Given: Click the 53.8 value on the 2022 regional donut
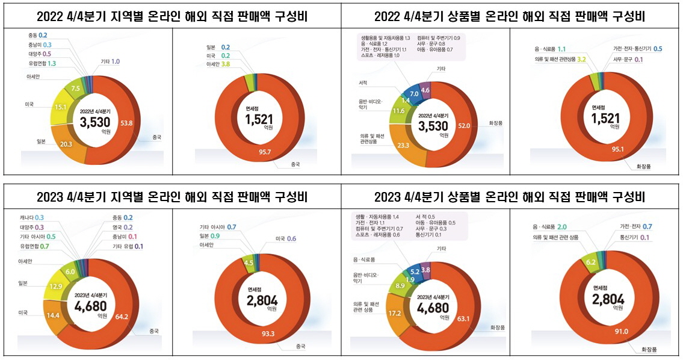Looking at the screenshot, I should [127, 123].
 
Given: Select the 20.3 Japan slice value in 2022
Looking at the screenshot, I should [67, 144].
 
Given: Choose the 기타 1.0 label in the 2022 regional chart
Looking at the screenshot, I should [110, 61].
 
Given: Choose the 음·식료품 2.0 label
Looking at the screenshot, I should [550, 227].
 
